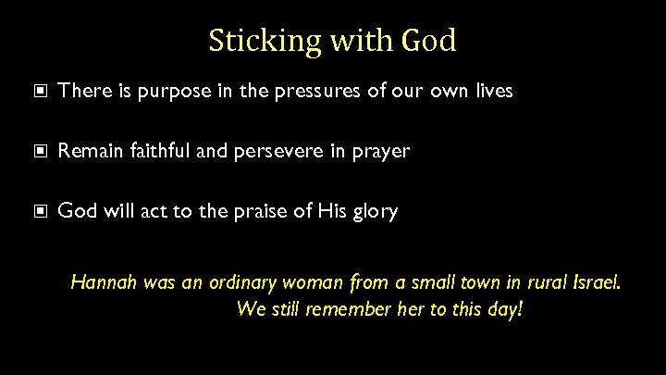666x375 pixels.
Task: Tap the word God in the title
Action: (x=429, y=41)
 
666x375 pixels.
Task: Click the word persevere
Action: (x=281, y=151)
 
